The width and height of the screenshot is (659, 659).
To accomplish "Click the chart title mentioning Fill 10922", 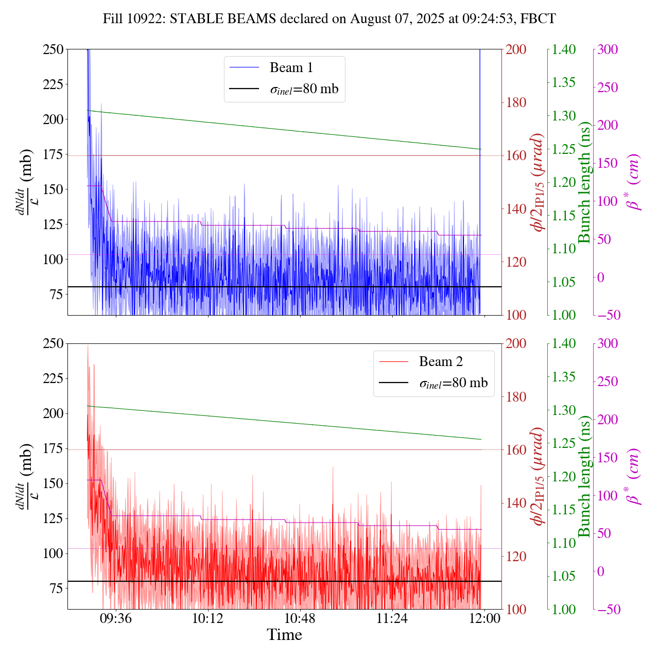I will pyautogui.click(x=329, y=19).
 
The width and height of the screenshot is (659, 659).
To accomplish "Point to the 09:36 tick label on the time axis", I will pyautogui.click(x=116, y=618).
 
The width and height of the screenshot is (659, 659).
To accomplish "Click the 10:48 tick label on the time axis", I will pyautogui.click(x=300, y=618).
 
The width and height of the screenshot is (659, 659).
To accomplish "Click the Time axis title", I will pyautogui.click(x=284, y=635).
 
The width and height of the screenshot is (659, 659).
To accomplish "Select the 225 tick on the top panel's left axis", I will pyautogui.click(x=54, y=84).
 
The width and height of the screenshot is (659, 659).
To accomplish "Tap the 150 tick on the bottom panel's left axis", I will pyautogui.click(x=54, y=483).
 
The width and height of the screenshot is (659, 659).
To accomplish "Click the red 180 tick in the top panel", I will pyautogui.click(x=516, y=102).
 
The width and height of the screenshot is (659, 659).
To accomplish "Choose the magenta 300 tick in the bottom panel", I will pyautogui.click(x=609, y=344).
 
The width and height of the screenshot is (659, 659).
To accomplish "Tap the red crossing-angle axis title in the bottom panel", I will pyautogui.click(x=538, y=476).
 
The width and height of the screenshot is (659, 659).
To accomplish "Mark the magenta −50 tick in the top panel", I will pyautogui.click(x=609, y=315).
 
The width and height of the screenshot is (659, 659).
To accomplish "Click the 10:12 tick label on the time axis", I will pyautogui.click(x=208, y=618).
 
